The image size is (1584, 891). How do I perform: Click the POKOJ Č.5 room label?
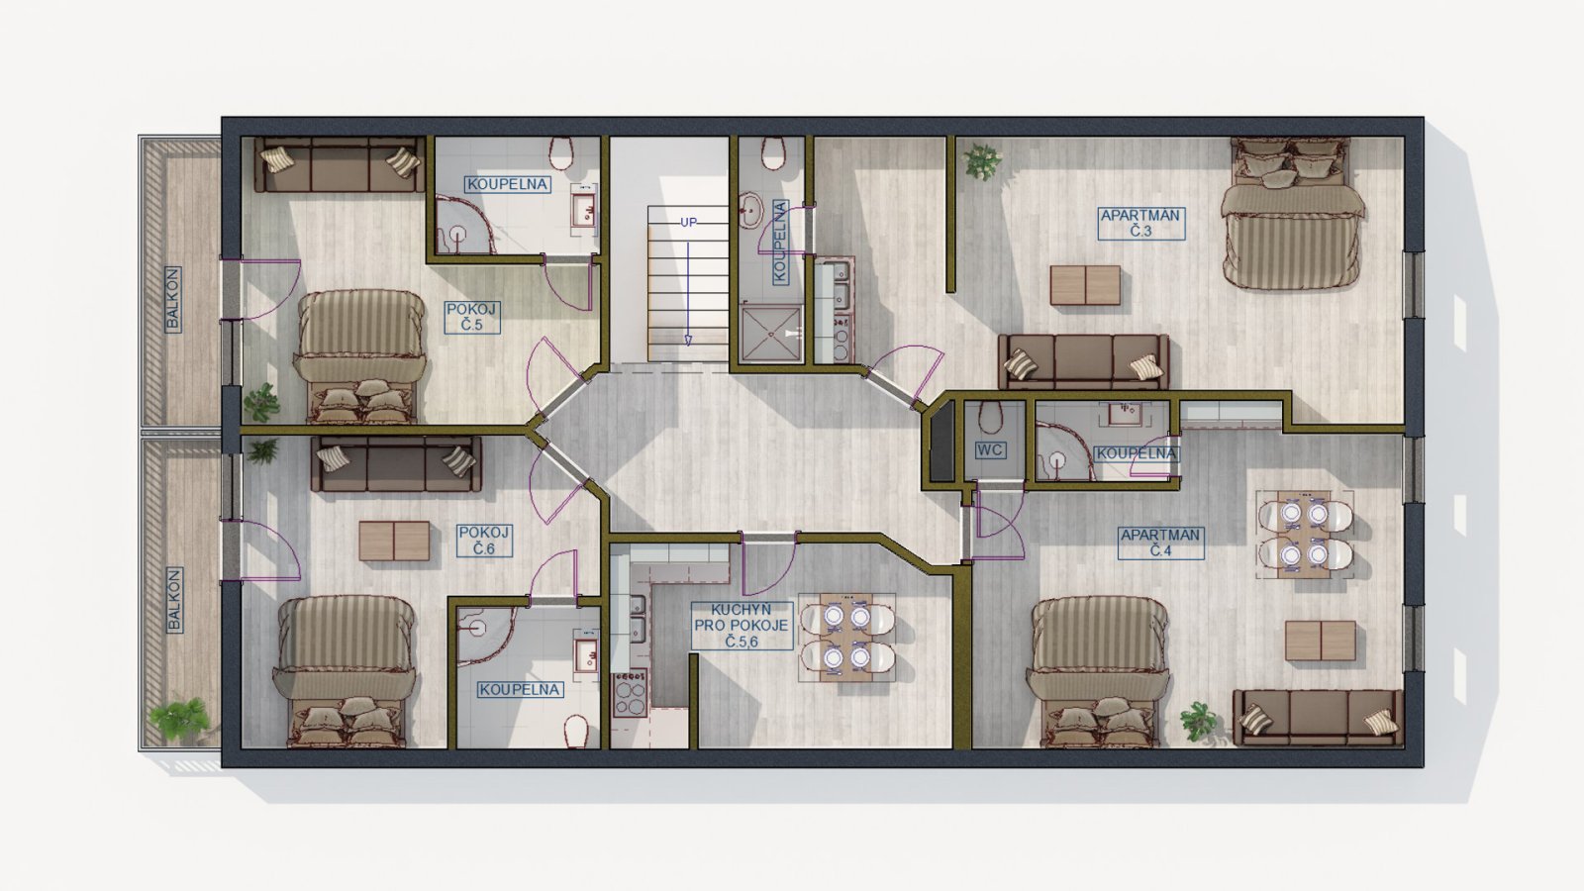coord(472,317)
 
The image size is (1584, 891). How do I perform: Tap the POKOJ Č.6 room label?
coord(484,541)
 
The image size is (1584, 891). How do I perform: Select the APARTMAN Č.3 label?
coord(1141,223)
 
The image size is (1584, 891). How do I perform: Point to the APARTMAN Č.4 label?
coord(1160,543)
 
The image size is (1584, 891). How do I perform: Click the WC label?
coord(990,450)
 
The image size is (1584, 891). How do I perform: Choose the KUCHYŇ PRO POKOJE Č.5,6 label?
coord(742,626)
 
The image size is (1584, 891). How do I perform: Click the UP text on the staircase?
coord(688,222)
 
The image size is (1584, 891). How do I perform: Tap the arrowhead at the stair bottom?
coord(688,341)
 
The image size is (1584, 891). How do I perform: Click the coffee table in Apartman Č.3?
coord(1085,285)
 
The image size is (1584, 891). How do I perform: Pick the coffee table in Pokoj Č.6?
coord(394,541)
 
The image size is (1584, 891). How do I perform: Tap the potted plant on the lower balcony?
coord(179,719)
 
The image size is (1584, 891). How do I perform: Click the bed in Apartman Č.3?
coord(1291,213)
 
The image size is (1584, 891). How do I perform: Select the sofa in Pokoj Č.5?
coord(341,164)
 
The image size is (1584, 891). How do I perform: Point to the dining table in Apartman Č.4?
coord(1305,535)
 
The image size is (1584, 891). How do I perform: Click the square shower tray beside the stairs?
coord(771,334)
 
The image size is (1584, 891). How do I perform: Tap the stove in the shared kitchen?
coord(630,692)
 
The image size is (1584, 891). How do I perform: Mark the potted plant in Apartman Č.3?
coord(981,162)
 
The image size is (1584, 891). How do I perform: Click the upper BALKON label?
coord(172,299)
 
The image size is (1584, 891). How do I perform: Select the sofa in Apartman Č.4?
coord(1318,718)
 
